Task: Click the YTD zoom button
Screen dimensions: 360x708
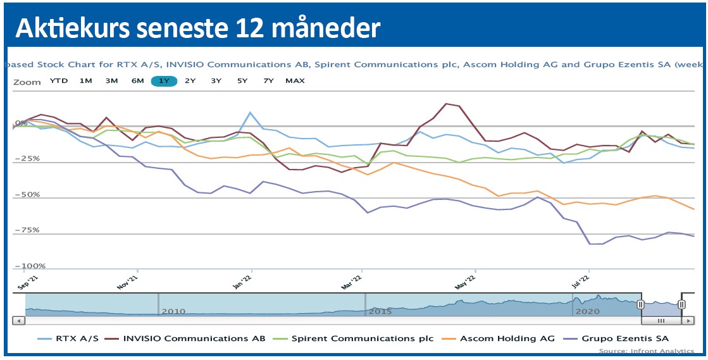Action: (x=59, y=81)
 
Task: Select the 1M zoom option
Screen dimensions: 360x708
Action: (x=86, y=81)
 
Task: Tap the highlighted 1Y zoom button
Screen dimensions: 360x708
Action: (x=164, y=81)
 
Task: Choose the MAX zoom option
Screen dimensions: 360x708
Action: (x=295, y=81)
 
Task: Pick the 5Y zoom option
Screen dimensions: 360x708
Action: (x=242, y=81)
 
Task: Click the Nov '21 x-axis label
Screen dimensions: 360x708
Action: (x=128, y=282)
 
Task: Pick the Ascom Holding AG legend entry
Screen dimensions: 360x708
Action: (x=507, y=338)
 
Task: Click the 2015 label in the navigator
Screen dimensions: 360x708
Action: (x=381, y=312)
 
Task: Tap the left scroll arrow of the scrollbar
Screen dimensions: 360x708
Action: (x=18, y=321)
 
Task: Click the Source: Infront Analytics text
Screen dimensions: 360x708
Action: (x=646, y=351)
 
